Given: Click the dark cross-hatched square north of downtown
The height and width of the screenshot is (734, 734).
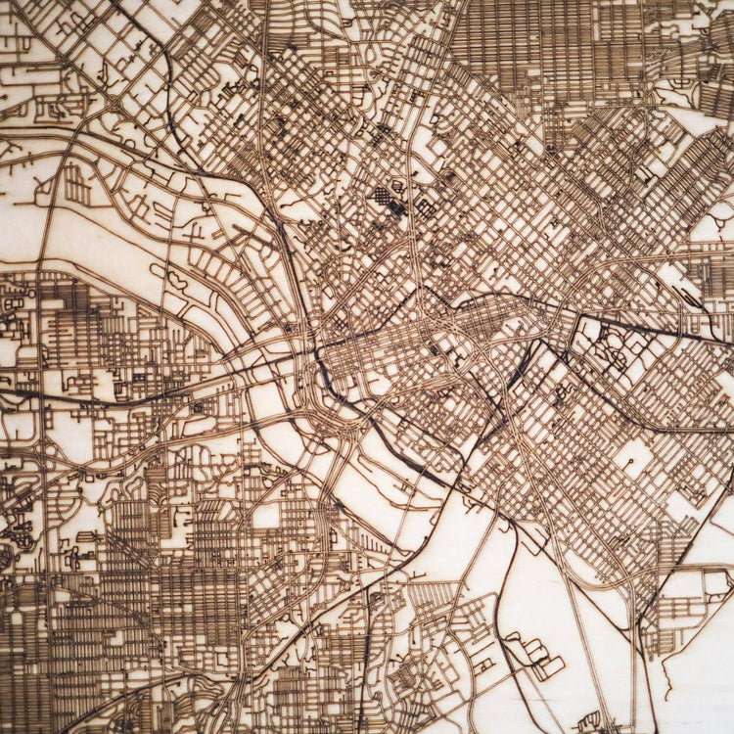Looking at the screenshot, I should (383, 196).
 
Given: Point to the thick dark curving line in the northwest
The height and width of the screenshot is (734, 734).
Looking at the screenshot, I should (171, 98).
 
